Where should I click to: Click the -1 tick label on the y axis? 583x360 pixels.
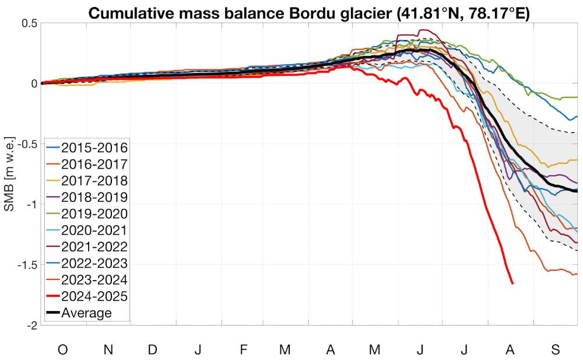31,204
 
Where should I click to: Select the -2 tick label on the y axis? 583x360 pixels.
31,325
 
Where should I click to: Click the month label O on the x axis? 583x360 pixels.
62,349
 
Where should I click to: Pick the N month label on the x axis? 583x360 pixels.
108,349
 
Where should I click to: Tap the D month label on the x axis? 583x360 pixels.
152,349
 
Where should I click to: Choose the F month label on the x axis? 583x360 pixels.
243,349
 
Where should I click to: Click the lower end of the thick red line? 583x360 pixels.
512,283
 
